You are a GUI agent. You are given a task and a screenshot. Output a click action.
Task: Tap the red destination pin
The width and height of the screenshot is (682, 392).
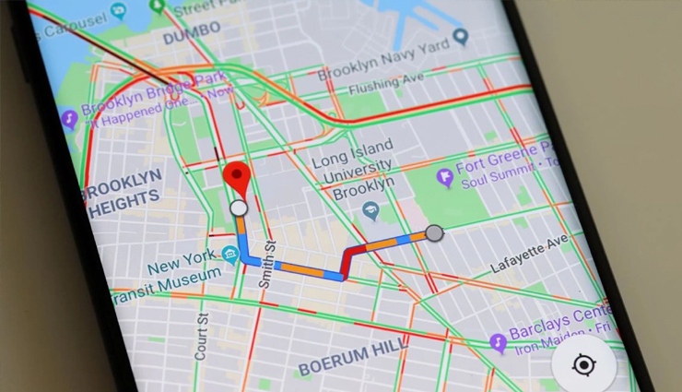tap(240, 175)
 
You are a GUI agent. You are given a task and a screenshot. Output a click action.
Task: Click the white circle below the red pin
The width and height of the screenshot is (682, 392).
tap(239, 208)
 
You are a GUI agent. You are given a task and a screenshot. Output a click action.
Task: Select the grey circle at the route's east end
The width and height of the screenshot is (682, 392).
tap(434, 233)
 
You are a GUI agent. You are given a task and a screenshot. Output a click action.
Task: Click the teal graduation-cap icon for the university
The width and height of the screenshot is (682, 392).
tap(370, 210)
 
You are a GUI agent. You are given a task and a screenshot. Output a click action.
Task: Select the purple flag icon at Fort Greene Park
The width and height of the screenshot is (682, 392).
tap(446, 174)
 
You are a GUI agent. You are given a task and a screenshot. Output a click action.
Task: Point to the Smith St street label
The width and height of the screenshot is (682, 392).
tap(269, 266)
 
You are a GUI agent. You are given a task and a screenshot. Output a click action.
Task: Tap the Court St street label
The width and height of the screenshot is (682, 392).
tap(202, 337)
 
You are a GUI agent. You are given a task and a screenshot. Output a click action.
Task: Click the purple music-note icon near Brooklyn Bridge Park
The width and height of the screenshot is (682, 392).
tap(69, 119)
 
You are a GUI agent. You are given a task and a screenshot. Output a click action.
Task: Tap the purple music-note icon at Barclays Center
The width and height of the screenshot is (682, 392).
tap(499, 342)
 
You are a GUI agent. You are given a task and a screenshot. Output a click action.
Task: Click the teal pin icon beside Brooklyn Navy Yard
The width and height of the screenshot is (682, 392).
tap(461, 36)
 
